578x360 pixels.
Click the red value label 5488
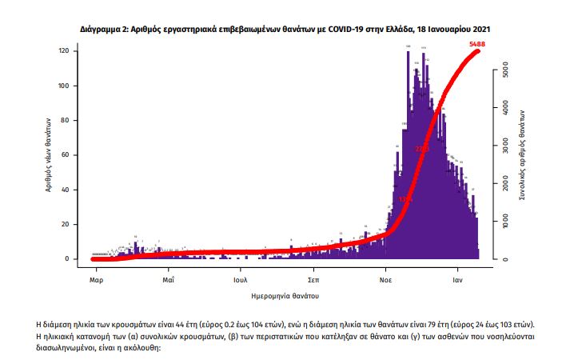coord(478,42)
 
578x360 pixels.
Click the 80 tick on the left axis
coord(72,121)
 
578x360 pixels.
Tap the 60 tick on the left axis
coord(72,155)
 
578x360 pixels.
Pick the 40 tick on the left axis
coord(72,190)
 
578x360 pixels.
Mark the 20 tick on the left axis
coord(72,224)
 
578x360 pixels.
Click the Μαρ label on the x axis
coord(94,281)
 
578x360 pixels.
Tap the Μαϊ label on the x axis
coord(168,281)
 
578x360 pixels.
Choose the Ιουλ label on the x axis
coord(241,281)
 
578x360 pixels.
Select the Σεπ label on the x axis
coord(314,281)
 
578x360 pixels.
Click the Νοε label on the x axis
coord(385,281)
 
